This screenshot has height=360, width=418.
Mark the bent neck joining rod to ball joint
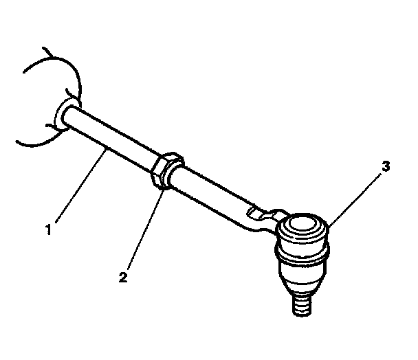click(x=258, y=221)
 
